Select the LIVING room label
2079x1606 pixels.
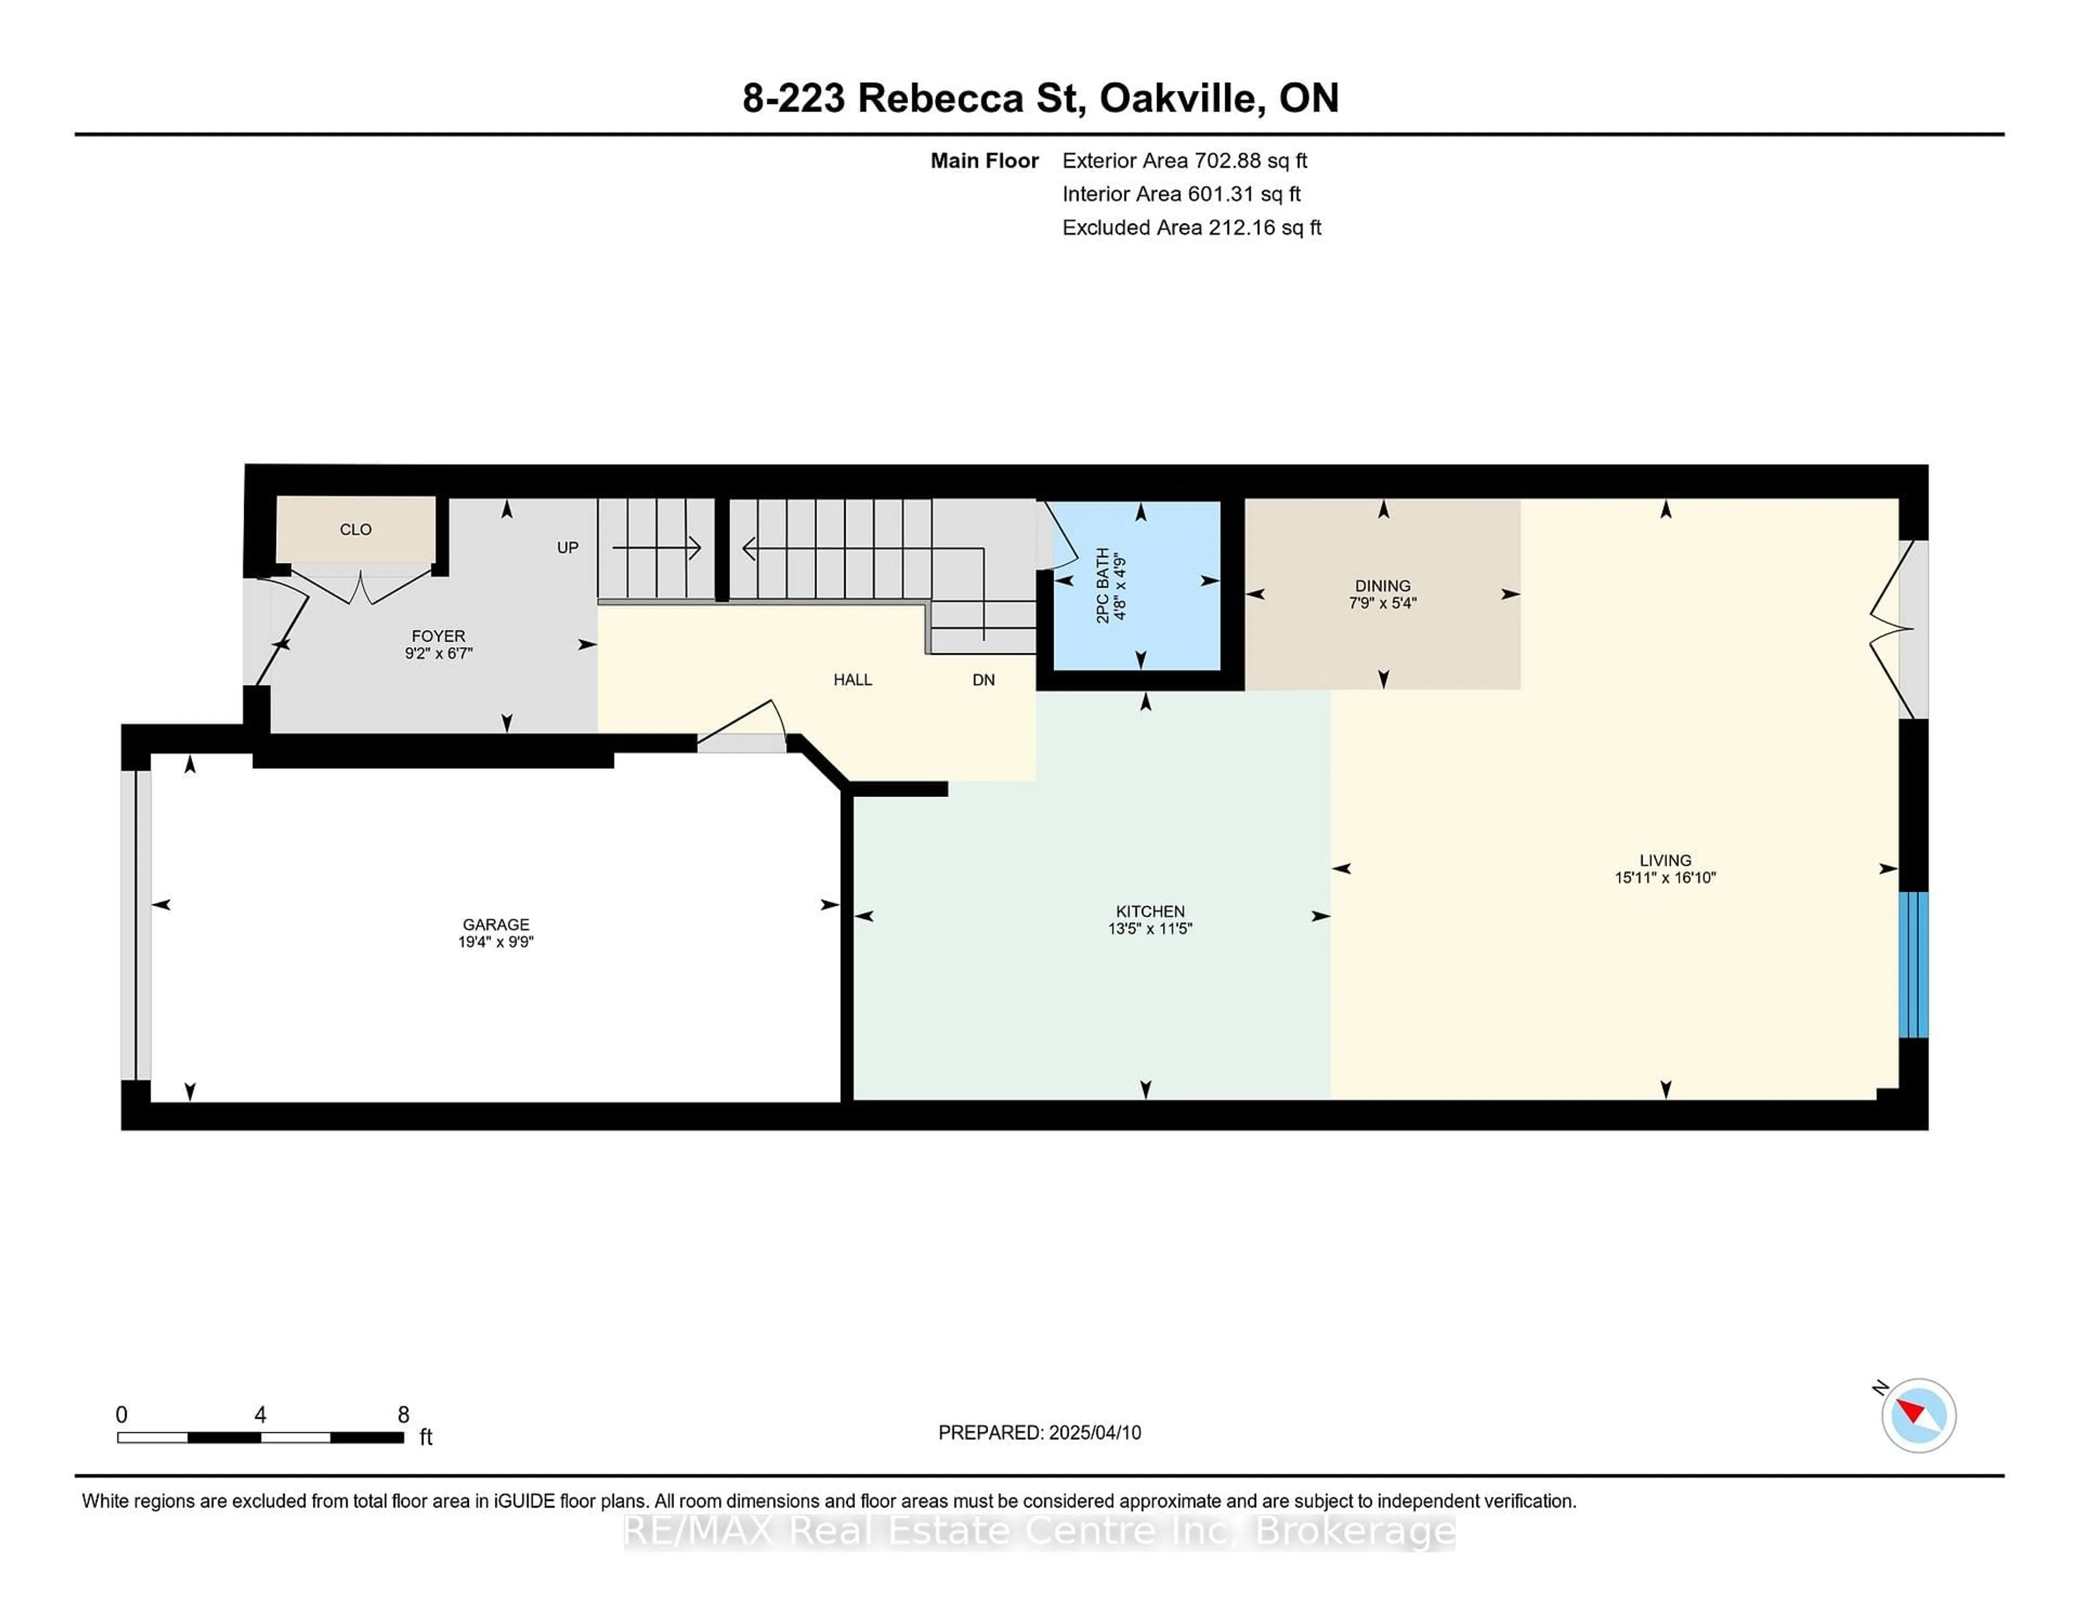point(1665,860)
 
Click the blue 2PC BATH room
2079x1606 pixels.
point(1136,585)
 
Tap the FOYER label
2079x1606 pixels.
point(438,636)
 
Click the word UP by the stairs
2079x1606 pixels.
point(567,547)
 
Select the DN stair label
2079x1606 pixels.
point(983,679)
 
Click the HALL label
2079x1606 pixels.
point(853,679)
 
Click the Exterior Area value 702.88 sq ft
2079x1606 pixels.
point(1251,161)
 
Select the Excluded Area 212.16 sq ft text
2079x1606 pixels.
point(1192,227)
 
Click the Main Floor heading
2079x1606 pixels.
point(984,161)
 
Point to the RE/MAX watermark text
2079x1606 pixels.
point(1039,1531)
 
